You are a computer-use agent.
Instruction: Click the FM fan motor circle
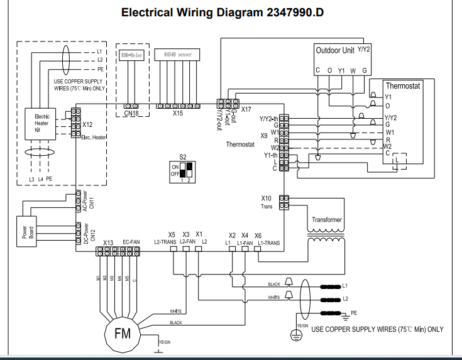tap(123, 334)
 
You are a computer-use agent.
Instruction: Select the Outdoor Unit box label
tap(334, 50)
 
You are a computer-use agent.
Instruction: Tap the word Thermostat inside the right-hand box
tap(402, 85)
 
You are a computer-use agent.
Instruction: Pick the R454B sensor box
tap(177, 55)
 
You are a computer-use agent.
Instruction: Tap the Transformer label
tap(327, 220)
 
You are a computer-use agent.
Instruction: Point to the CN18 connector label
tap(131, 114)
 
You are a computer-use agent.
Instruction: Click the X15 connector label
tap(178, 114)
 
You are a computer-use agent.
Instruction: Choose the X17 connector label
tap(246, 109)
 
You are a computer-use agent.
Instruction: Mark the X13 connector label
tap(107, 243)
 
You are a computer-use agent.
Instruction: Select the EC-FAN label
tap(131, 242)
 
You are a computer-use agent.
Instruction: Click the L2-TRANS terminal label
tap(165, 242)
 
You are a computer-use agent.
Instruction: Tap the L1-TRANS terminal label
tap(268, 243)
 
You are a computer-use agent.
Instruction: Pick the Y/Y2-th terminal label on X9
tap(268, 118)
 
